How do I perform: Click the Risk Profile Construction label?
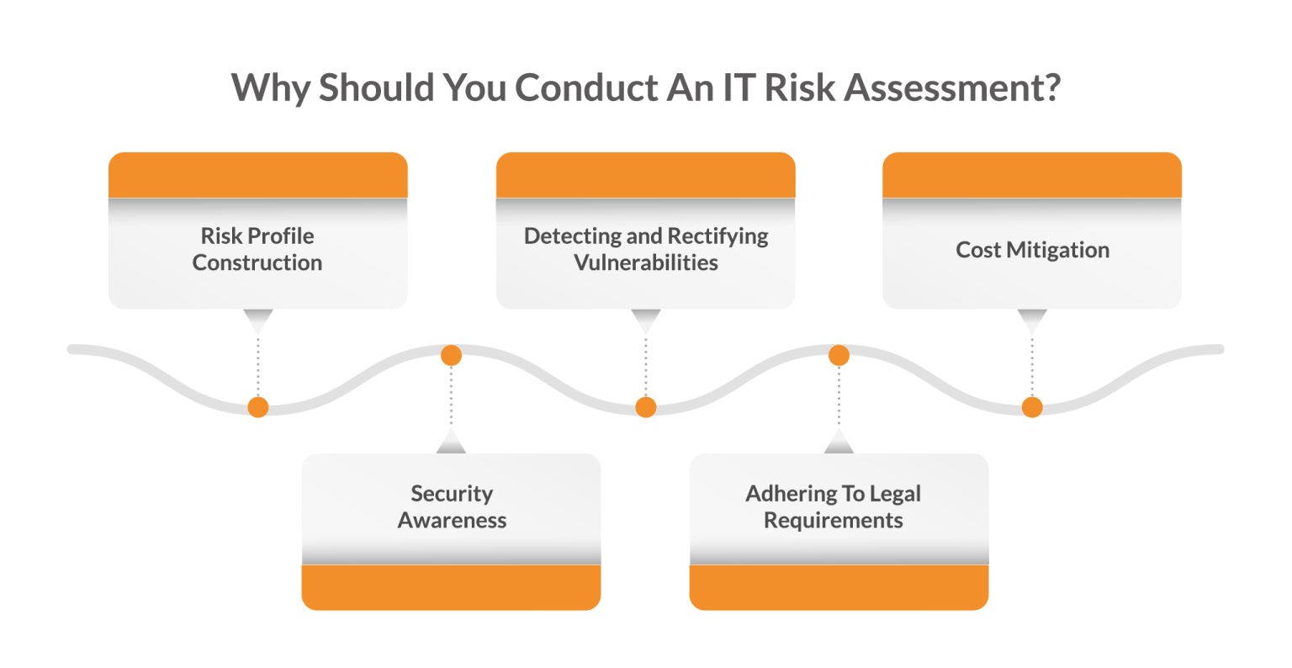click(257, 249)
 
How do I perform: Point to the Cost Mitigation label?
click(1032, 250)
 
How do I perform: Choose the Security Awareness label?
click(452, 506)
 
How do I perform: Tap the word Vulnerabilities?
click(646, 262)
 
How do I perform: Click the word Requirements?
click(833, 520)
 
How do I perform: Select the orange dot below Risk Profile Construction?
click(258, 407)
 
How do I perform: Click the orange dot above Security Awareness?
click(452, 355)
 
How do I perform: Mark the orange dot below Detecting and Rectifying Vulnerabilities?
click(646, 407)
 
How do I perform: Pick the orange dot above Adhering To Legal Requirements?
click(839, 355)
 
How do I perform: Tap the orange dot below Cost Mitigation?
click(1032, 407)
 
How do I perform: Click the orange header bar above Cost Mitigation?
click(1032, 175)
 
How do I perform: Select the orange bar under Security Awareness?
click(452, 586)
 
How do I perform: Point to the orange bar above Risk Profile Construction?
click(257, 175)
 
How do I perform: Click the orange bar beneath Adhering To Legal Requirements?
click(839, 586)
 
